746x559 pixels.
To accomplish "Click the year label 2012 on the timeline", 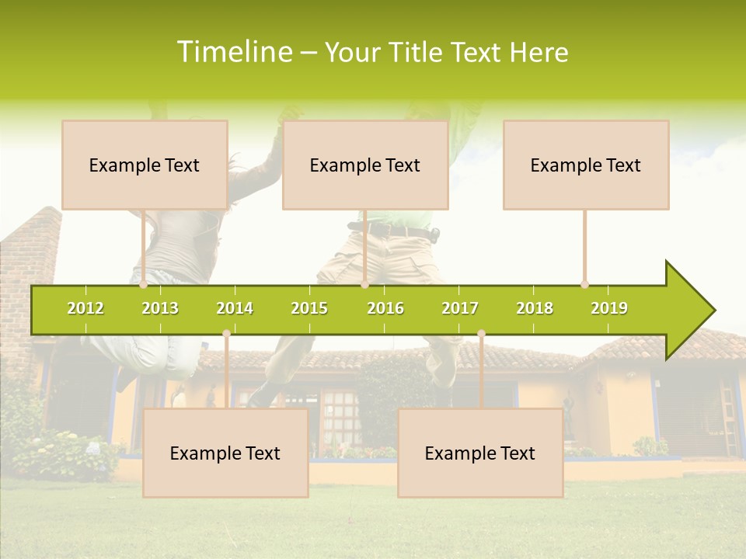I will point(85,308).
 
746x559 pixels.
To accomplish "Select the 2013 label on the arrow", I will point(160,308).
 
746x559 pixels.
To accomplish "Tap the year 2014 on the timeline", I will point(235,308).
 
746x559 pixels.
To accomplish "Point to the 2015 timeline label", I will point(309,308).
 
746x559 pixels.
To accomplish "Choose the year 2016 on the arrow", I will point(385,308).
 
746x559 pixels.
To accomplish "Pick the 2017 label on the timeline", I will point(460,308).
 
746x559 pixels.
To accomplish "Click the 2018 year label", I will point(535,308).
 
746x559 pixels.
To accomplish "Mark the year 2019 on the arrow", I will point(609,308).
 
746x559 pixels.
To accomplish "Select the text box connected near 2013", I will point(145,165).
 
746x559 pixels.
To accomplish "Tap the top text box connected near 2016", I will point(365,165).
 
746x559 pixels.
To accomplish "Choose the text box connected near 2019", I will point(586,165).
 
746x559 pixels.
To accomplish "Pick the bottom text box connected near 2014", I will point(225,453).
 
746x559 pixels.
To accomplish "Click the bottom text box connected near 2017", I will point(480,453).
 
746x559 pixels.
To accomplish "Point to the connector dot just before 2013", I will point(144,284).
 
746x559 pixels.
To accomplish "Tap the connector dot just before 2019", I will point(585,284).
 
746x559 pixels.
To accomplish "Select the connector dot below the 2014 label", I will point(226,334).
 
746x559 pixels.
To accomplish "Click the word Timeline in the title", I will point(233,52).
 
